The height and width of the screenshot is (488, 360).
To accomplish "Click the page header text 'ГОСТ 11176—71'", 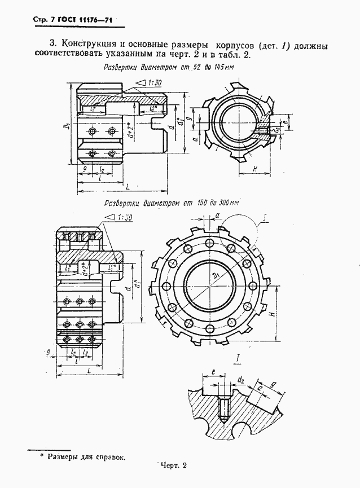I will pyautogui.click(x=84, y=21).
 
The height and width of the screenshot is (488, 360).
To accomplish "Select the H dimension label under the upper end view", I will pyautogui.click(x=255, y=168).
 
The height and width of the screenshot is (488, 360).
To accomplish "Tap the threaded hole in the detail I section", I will pyautogui.click(x=222, y=410).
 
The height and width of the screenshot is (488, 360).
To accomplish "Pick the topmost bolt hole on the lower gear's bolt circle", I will pyautogui.click(x=209, y=242).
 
